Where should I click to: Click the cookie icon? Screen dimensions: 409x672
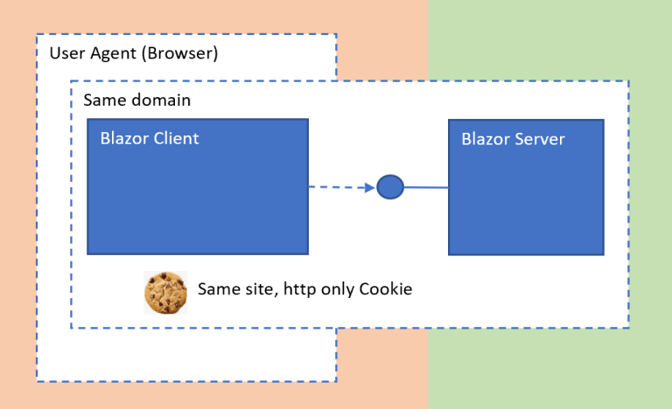165,293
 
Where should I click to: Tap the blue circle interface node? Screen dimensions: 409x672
390,186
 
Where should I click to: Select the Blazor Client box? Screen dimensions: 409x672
198,201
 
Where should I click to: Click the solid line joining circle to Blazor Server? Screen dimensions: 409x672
426,187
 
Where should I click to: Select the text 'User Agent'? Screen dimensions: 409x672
86,53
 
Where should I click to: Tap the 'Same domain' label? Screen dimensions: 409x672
136,100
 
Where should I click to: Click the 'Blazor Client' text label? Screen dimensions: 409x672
150,138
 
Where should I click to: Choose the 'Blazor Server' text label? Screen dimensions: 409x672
513,139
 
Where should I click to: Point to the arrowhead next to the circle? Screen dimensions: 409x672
369,186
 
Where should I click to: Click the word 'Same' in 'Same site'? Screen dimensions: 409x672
217,289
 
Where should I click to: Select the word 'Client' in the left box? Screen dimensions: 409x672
174,138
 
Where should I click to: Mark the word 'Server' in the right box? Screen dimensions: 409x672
538,139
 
